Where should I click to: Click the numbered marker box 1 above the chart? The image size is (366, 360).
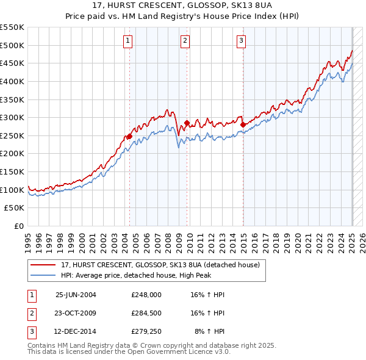coord(128,41)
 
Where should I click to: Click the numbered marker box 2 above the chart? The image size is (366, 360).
coord(185,41)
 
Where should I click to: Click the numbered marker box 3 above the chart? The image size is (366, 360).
coord(241,41)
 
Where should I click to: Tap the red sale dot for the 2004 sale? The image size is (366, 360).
coord(129,136)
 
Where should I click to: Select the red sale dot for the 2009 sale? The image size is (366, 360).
coord(187,123)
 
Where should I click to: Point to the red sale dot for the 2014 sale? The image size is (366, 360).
coord(243,125)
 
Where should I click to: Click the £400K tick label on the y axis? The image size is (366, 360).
coord(12,81)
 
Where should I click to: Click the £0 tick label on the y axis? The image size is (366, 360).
coord(19,226)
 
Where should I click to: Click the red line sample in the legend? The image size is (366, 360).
coord(43,265)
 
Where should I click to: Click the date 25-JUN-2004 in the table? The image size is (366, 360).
coord(76,295)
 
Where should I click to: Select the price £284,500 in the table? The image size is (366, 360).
coord(146,314)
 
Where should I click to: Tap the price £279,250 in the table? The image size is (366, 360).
coord(146,333)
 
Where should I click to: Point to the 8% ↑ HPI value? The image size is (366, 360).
coord(209,333)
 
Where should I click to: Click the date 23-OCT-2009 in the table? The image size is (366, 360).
coord(76,314)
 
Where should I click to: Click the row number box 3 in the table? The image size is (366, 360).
coord(30,333)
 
